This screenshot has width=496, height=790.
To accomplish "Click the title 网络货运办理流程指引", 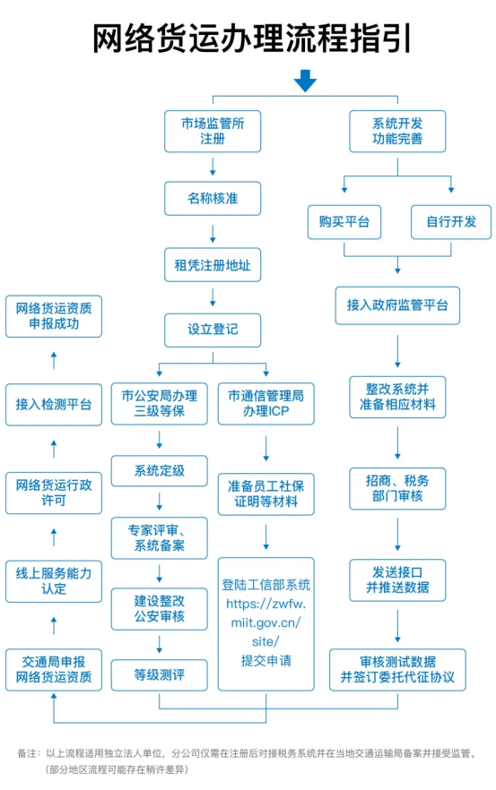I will tap(248, 39).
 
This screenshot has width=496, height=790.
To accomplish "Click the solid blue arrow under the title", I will tap(305, 82).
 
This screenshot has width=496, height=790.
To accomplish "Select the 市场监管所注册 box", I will tap(213, 131).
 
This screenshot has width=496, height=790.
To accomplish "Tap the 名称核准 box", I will tap(213, 199).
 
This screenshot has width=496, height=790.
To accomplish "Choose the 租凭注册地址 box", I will tap(213, 265).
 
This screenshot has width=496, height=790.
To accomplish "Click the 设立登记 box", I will tap(213, 330).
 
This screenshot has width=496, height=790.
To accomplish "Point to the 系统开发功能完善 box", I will tap(397, 131).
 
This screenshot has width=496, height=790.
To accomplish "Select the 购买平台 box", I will tap(344, 221).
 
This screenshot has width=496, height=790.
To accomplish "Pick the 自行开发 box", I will tap(451, 221).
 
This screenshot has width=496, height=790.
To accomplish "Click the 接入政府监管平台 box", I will tap(397, 305).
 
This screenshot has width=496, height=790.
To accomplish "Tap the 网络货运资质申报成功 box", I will tap(54, 316).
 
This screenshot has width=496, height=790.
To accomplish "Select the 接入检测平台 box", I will tap(54, 404).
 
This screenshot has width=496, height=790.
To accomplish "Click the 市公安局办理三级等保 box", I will tap(159, 403).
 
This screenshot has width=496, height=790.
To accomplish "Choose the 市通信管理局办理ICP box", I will tap(266, 403).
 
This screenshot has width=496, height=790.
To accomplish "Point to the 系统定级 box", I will tap(159, 470).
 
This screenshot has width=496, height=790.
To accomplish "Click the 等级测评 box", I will tap(159, 674).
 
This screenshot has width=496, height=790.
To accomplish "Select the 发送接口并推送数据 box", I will tap(397, 579).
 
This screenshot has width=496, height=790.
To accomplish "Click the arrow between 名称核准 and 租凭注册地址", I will tap(213, 233).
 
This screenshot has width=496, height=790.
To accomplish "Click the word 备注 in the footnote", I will tap(28, 753).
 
